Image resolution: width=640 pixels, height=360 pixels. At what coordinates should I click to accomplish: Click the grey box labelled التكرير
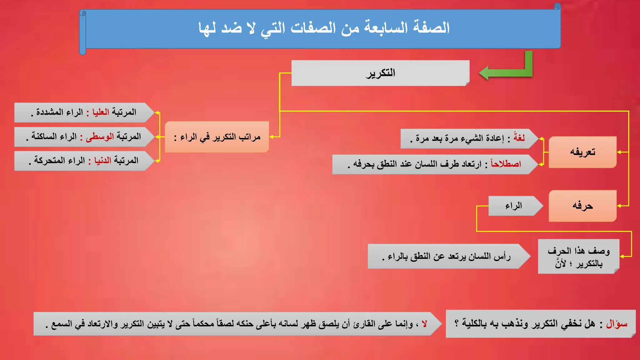[x=380, y=73]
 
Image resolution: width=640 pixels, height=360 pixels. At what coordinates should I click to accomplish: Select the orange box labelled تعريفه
[x=582, y=152]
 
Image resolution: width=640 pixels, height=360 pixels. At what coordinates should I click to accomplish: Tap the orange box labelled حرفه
[x=582, y=206]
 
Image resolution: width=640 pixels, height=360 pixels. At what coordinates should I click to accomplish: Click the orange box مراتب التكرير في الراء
[x=217, y=137]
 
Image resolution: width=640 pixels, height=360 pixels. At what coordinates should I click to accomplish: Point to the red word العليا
[x=101, y=112]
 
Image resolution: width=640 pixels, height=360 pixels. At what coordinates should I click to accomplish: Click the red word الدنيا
[x=102, y=161]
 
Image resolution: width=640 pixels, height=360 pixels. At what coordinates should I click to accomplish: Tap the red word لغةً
[x=519, y=138]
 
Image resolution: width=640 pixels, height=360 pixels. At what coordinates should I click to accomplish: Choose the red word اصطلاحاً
[x=506, y=164]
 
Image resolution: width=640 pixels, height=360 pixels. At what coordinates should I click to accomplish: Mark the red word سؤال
[x=617, y=324]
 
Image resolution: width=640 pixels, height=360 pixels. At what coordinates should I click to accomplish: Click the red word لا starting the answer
[x=424, y=324]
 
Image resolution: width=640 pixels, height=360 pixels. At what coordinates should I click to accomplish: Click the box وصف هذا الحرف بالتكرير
[x=578, y=257]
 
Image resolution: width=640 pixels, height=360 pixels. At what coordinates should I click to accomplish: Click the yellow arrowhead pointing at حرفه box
[x=619, y=206]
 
